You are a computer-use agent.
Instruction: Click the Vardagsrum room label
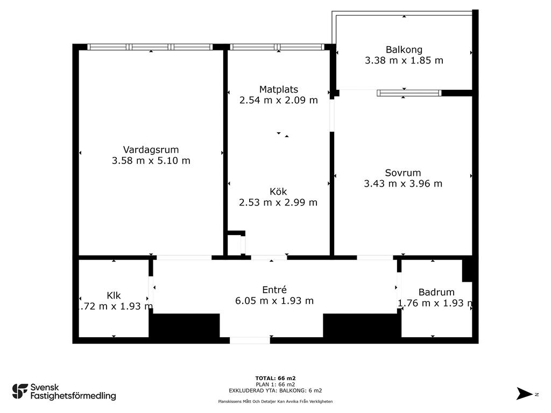point(151,150)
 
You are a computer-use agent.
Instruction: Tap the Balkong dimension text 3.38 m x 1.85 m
point(404,60)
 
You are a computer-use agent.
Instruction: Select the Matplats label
point(279,90)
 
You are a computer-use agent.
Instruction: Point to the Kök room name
point(278,191)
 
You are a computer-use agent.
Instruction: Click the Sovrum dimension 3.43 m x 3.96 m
point(403,184)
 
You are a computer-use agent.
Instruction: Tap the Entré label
point(274,290)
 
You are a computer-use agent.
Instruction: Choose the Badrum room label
point(436,292)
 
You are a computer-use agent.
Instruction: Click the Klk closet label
point(114,295)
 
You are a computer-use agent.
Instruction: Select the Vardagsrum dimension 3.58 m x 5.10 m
point(151,161)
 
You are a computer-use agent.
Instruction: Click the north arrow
point(525,394)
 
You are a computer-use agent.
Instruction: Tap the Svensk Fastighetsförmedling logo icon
point(20,391)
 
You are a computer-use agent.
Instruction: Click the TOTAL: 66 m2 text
point(275,378)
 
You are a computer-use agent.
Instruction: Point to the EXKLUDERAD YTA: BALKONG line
point(275,390)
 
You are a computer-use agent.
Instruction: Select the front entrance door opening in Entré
point(250,340)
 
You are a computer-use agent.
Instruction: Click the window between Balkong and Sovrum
point(409,93)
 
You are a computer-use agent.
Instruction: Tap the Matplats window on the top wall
point(277,47)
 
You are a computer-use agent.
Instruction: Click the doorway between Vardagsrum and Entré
point(184,258)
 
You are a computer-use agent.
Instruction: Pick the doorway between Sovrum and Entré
point(375,258)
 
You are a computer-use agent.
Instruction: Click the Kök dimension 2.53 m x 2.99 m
point(278,203)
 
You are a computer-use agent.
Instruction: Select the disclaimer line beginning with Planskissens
point(275,401)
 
